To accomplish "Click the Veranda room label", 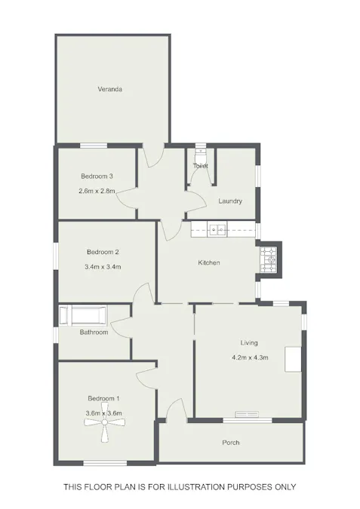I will [x=110, y=90].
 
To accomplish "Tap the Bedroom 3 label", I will [x=97, y=176].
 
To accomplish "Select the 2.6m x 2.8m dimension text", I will [x=97, y=192].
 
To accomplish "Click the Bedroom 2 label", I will [x=103, y=252].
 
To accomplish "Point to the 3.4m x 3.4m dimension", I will [x=103, y=267].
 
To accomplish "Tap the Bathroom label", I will [x=94, y=333].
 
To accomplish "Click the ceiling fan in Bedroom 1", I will [x=103, y=427].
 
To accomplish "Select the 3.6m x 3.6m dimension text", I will [x=104, y=412].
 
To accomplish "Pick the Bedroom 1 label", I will [x=103, y=398].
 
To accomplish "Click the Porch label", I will [x=231, y=443].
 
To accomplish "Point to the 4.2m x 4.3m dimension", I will [x=249, y=357].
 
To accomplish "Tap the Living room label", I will [x=249, y=343].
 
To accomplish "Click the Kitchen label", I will [x=208, y=262].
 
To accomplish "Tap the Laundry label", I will [x=230, y=201].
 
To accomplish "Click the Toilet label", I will [x=200, y=166].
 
